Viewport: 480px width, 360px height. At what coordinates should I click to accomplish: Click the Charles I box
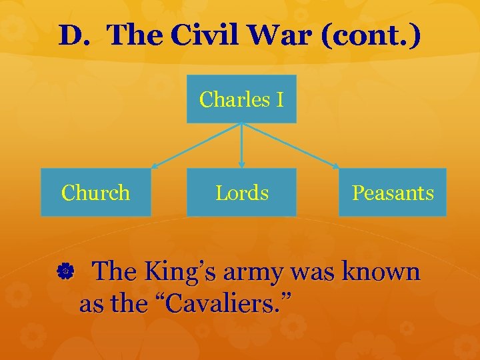(x=241, y=99)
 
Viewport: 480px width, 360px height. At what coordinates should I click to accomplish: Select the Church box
(x=95, y=192)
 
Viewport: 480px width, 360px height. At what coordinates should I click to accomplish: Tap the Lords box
(x=241, y=192)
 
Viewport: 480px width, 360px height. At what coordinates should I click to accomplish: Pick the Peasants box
(x=392, y=192)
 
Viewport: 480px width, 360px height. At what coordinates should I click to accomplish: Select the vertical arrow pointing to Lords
(x=241, y=146)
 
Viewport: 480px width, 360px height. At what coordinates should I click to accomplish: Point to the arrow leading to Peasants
(x=291, y=146)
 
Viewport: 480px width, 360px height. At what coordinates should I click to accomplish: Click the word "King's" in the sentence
(x=181, y=272)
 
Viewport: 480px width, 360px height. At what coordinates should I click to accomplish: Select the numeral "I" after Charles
(x=279, y=99)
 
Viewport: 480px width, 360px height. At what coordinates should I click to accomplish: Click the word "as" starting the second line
(x=92, y=304)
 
